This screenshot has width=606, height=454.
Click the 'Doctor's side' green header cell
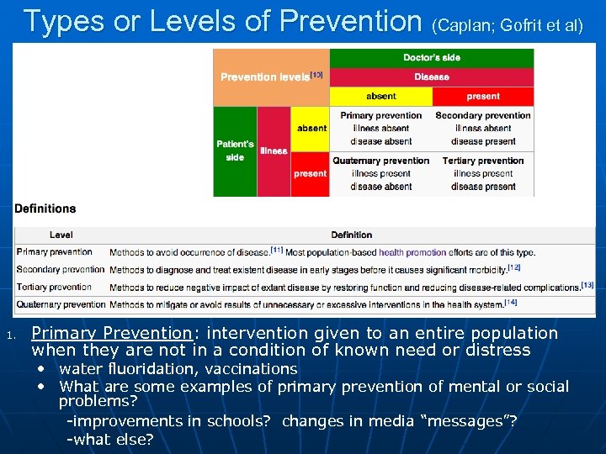(431, 58)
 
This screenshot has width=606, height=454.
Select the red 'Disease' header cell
(431, 77)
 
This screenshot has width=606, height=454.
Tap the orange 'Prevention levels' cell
(270, 77)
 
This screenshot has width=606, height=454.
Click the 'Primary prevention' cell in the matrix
(380, 128)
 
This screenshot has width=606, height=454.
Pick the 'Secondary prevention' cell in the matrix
(483, 128)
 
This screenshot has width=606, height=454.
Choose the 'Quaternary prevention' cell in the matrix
(380, 173)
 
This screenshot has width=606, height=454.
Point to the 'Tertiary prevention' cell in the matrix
(483, 173)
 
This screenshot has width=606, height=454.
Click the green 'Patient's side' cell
(235, 150)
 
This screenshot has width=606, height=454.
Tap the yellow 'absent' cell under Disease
(380, 97)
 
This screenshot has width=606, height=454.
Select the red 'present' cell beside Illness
(310, 174)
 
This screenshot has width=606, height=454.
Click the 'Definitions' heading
(45, 209)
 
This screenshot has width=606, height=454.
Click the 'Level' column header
(61, 235)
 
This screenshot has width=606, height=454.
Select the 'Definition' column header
(351, 235)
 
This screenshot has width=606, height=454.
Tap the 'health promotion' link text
(412, 252)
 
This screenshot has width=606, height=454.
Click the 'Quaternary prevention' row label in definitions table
(61, 304)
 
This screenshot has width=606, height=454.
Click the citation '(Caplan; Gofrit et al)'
(507, 25)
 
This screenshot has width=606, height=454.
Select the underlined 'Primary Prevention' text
(112, 334)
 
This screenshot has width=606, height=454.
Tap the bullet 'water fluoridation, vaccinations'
(178, 369)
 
